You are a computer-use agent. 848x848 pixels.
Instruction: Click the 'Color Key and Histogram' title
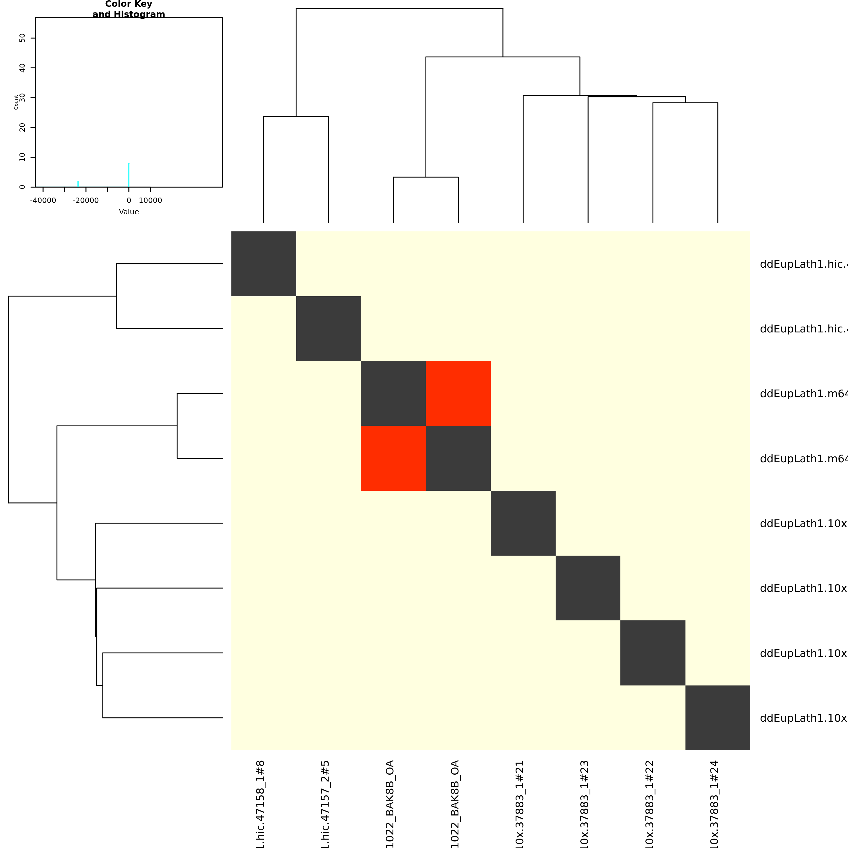129,9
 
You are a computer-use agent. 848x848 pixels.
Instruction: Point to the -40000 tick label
43,201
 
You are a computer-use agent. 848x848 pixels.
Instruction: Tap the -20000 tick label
86,201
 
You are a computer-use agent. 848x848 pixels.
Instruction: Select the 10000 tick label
150,201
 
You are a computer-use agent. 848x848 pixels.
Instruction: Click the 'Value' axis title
129,212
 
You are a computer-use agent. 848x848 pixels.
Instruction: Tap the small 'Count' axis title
16,102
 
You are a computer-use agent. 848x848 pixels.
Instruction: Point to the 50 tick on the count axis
22,38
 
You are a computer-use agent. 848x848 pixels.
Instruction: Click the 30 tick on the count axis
22,97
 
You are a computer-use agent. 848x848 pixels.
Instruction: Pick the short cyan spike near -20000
78,183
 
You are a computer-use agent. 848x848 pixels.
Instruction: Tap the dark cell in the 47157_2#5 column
328,328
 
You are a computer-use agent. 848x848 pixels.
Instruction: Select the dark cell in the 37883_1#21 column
523,523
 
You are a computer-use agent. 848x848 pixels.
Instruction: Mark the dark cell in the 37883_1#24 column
718,718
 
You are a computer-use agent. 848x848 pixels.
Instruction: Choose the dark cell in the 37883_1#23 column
588,588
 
